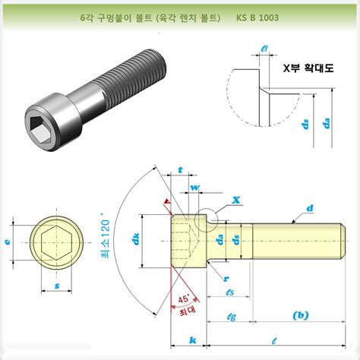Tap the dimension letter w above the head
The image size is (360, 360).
(x=195, y=185)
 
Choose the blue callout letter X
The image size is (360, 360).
(x=236, y=199)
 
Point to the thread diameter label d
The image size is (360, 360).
(x=310, y=207)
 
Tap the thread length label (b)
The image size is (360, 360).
(x=300, y=314)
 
